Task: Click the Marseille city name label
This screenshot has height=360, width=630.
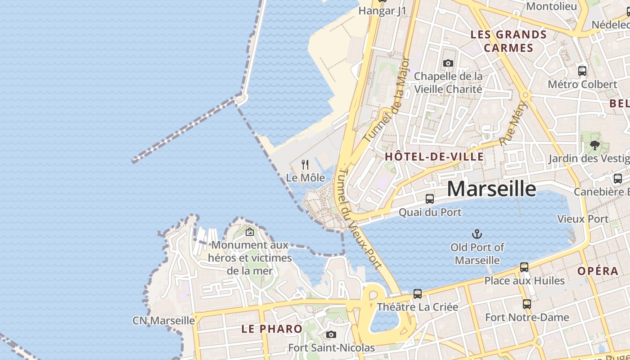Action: click(491, 189)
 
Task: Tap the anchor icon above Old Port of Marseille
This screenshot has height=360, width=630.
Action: click(477, 234)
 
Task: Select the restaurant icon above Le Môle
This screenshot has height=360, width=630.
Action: click(305, 165)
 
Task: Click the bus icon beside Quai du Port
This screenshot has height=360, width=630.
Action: click(430, 199)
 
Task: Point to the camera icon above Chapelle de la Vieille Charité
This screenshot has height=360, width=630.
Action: click(448, 63)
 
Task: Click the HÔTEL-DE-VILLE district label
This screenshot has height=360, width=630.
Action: click(434, 157)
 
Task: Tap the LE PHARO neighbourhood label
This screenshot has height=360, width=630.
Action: click(272, 328)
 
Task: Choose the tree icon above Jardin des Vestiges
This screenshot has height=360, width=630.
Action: click(595, 145)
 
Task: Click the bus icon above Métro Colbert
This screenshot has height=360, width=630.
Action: click(582, 71)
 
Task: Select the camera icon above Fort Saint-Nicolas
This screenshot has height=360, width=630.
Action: click(331, 334)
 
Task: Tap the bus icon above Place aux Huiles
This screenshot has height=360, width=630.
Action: click(524, 267)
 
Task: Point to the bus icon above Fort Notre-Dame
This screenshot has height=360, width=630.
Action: click(527, 304)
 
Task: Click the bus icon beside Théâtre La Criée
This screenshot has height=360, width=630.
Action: click(418, 294)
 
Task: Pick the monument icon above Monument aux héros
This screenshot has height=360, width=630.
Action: click(250, 232)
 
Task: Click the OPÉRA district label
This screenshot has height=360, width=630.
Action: click(598, 271)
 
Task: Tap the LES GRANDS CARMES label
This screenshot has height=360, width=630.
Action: click(508, 41)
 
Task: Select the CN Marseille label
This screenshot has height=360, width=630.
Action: click(164, 320)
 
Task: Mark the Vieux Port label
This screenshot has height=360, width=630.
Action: click(583, 219)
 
